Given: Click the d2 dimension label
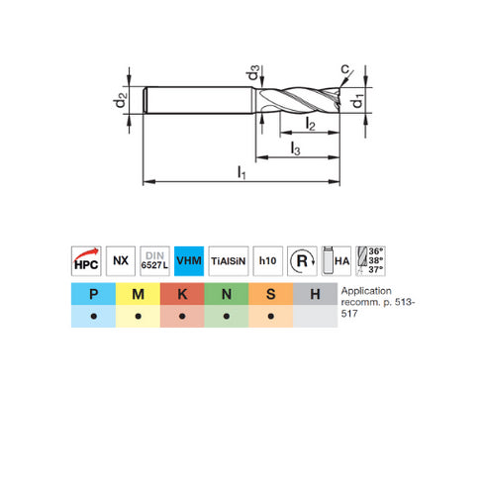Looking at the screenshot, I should point(119,101).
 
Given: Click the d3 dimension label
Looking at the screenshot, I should point(254,74).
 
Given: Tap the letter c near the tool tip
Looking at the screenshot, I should point(344,68).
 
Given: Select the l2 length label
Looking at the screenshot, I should point(310,124).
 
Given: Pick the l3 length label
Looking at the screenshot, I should point(296,147).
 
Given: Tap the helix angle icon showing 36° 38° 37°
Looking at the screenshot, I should point(371,259).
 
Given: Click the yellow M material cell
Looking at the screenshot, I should point(140,294).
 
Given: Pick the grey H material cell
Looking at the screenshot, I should point(314,294).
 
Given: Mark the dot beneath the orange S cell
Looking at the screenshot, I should point(270,318).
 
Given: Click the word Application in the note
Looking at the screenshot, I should point(364,291).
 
